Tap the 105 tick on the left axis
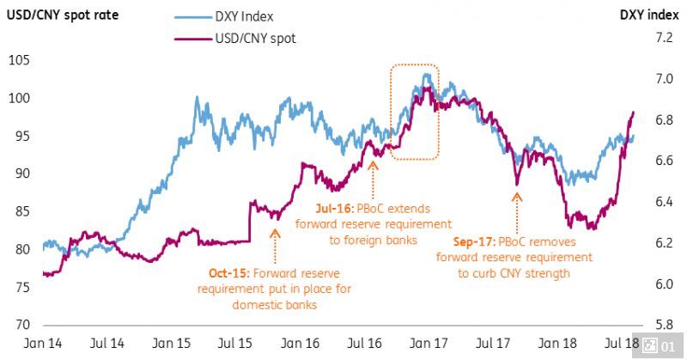19,60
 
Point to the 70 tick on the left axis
19,325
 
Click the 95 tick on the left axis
19,136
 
